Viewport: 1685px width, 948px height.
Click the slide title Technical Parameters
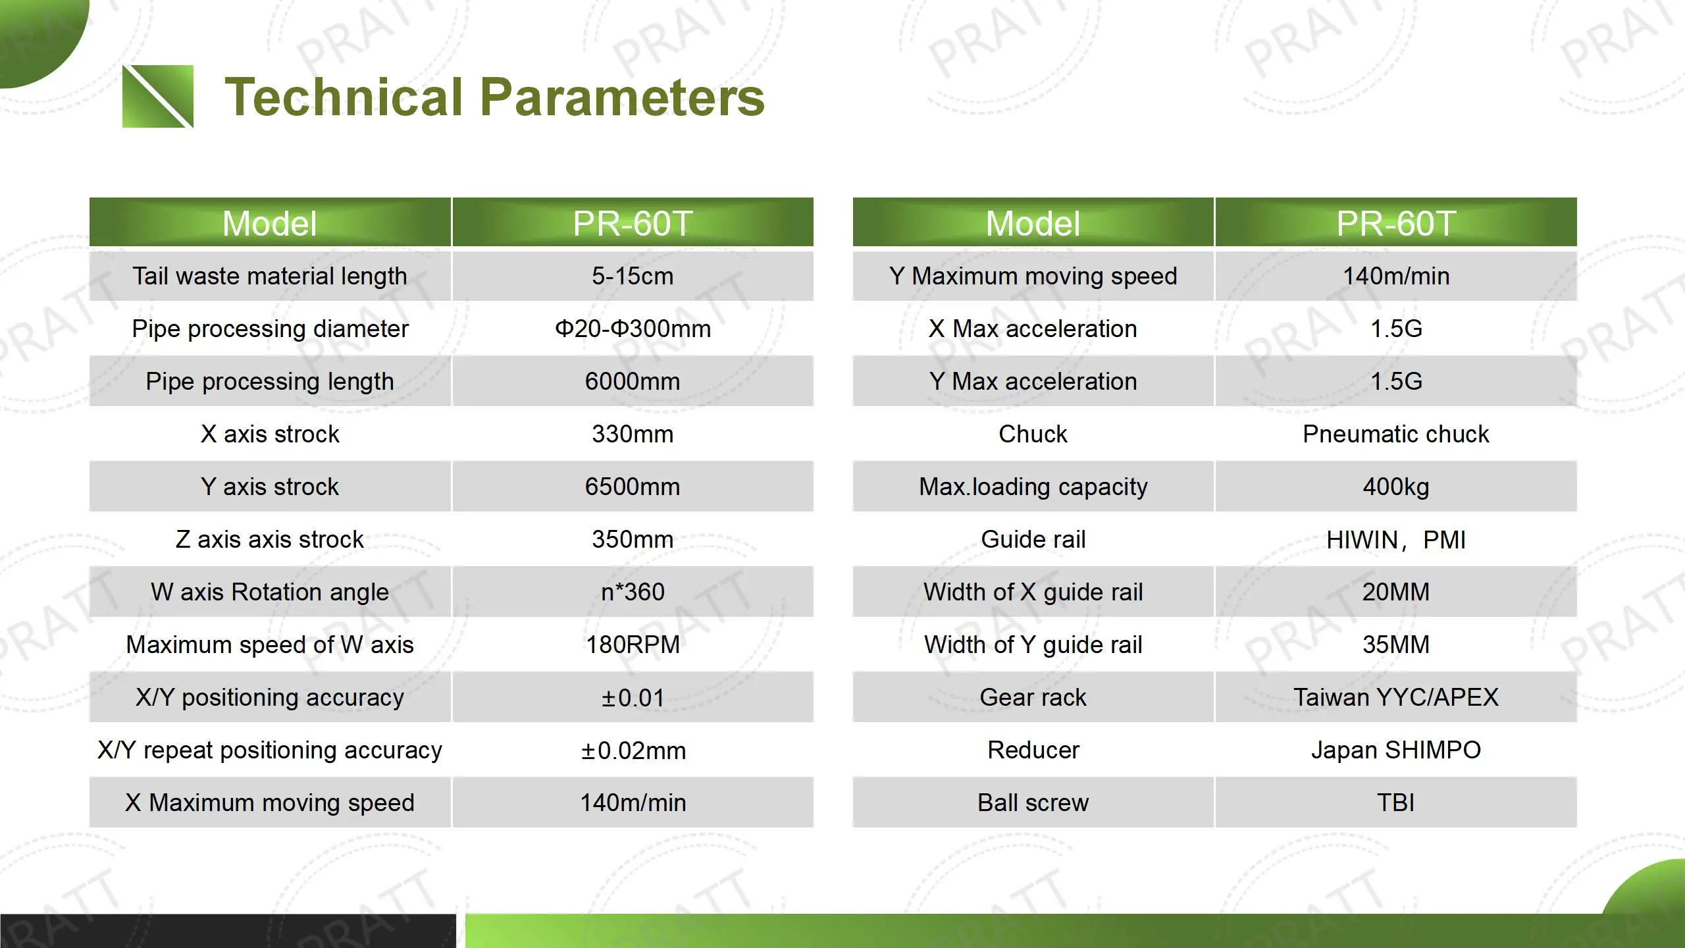click(494, 97)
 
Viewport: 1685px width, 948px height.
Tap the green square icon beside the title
click(158, 96)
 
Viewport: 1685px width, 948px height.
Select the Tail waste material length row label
click(270, 276)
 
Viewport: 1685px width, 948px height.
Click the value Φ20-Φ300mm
click(633, 329)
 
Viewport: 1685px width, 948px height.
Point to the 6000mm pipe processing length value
click(633, 381)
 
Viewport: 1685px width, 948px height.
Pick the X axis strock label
click(270, 434)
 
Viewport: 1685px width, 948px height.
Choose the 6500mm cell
click(633, 487)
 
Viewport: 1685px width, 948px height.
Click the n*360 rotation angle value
click(633, 592)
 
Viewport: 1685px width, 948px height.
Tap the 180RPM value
click(633, 645)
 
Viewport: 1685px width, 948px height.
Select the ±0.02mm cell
click(633, 750)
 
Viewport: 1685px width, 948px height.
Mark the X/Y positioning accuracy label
click(270, 697)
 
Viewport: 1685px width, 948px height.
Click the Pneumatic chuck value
click(1395, 434)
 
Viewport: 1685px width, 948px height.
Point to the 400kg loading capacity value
click(1395, 487)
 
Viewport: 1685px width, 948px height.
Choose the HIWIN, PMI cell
click(1395, 540)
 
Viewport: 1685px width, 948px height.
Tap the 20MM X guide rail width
click(1395, 592)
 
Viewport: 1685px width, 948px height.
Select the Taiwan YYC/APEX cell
click(1395, 697)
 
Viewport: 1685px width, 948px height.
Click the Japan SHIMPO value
click(1395, 750)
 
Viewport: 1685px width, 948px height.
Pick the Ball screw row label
click(1033, 803)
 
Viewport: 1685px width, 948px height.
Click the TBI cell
click(1395, 803)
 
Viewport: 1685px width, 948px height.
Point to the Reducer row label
click(1033, 750)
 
